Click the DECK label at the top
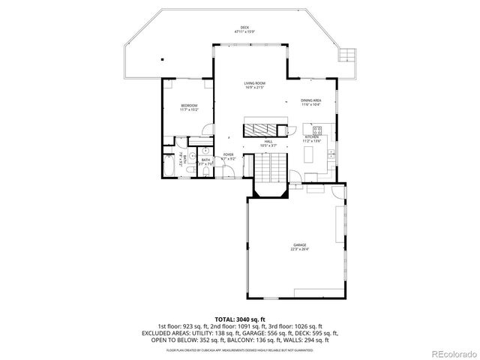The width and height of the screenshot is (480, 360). click(x=244, y=28)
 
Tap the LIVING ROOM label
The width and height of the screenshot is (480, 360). click(x=254, y=83)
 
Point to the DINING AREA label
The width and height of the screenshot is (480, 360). click(x=311, y=100)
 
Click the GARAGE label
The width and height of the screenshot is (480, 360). click(x=299, y=245)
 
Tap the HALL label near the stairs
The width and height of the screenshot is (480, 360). click(x=267, y=141)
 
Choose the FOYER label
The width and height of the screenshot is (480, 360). click(x=228, y=154)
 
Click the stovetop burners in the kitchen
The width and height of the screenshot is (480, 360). click(x=317, y=130)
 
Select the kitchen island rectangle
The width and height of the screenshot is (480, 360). click(x=308, y=155)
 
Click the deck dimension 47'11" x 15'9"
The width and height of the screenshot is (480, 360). click(x=244, y=32)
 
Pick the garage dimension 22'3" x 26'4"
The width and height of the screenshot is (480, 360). click(x=299, y=250)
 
